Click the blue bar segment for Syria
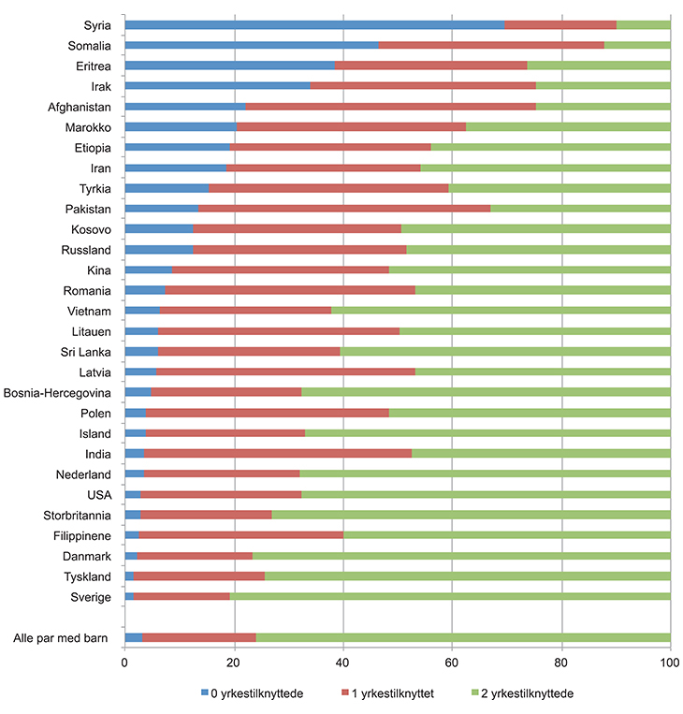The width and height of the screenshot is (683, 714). click(x=314, y=24)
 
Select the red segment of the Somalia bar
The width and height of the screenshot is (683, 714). click(x=491, y=45)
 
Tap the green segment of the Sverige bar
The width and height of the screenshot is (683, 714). click(x=449, y=597)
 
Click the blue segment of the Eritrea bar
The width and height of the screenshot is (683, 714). click(x=229, y=66)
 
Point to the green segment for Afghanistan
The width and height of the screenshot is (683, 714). click(x=603, y=106)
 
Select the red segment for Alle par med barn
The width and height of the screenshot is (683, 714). click(x=198, y=638)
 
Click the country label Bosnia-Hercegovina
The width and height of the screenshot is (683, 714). click(x=57, y=392)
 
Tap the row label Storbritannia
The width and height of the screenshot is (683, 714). click(x=78, y=515)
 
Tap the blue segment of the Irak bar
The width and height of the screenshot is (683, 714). click(x=217, y=85)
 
